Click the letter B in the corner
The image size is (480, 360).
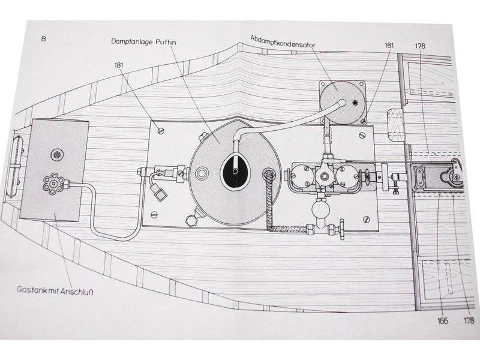(x=43, y=39)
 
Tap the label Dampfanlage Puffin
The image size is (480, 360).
(x=143, y=41)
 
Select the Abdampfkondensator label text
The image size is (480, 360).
(x=283, y=41)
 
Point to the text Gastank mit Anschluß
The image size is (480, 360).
(x=55, y=290)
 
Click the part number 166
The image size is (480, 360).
(x=443, y=320)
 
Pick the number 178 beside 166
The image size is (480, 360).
(x=469, y=320)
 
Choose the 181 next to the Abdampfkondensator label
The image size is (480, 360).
(x=389, y=46)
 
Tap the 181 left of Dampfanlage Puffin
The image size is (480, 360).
(x=119, y=65)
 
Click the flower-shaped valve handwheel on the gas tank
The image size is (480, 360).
(x=54, y=184)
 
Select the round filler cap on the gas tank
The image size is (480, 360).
(x=57, y=155)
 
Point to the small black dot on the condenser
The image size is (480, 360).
(x=355, y=103)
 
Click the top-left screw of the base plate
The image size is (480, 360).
(x=161, y=131)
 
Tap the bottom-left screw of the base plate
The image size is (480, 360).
(x=154, y=215)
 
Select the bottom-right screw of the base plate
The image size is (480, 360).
(x=367, y=219)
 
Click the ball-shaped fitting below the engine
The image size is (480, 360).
(x=320, y=209)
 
